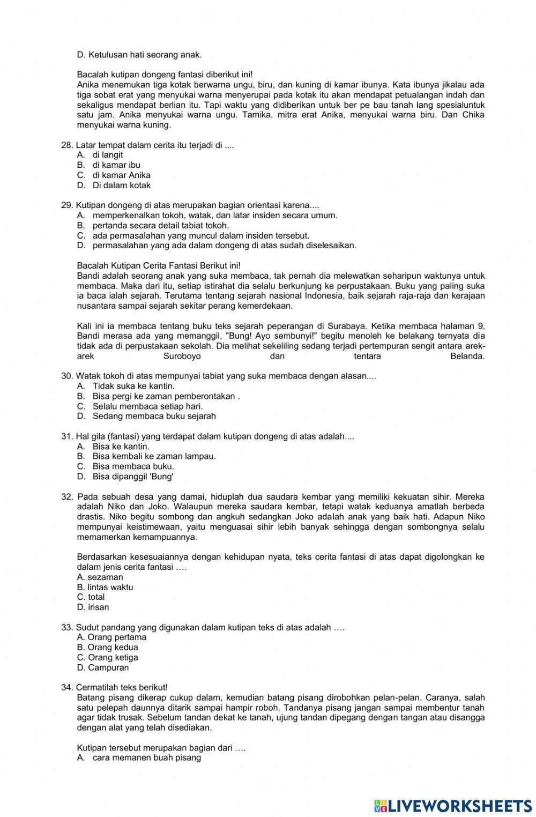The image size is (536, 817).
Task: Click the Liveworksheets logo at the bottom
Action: click(x=452, y=805)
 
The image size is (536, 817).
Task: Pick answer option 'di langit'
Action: click(x=107, y=155)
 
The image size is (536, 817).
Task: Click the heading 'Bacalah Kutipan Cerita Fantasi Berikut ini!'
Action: click(x=159, y=266)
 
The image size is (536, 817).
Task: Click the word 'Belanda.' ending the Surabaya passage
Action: click(x=467, y=356)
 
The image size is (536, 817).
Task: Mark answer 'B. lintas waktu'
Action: click(x=105, y=588)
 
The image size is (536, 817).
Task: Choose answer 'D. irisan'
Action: click(x=93, y=607)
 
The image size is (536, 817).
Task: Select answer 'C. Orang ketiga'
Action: click(x=107, y=658)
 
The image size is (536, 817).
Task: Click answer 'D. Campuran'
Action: click(x=103, y=668)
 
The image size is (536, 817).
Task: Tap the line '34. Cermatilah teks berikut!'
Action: click(x=115, y=688)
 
